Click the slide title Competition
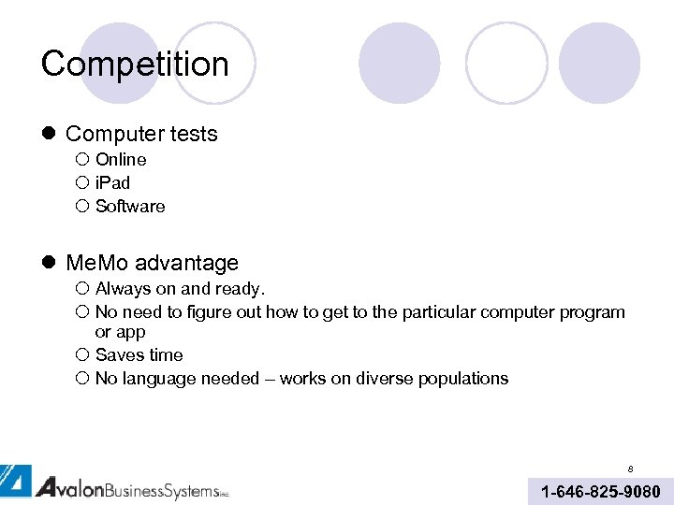point(135,64)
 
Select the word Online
point(121,160)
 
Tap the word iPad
point(112,183)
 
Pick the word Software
point(130,207)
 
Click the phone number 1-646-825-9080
point(600,492)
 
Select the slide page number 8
point(630,468)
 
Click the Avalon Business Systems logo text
point(131,487)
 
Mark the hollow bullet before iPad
point(81,183)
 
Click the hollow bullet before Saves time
point(81,355)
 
